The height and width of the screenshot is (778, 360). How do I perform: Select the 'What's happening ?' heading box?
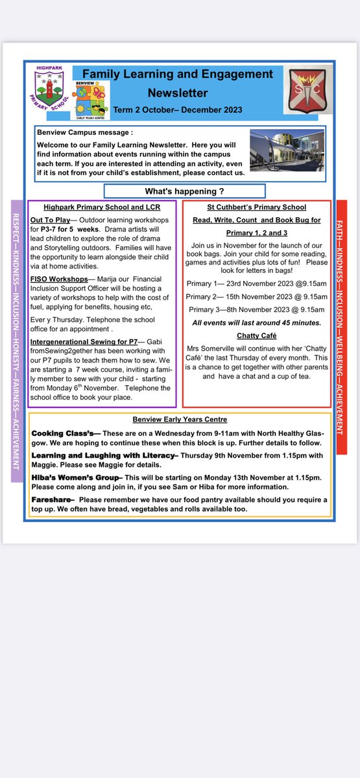184,191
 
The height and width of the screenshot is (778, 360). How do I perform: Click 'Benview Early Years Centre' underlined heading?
179,419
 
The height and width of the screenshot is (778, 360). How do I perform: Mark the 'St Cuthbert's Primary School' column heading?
257,207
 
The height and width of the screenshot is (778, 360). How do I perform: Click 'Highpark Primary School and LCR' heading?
102,207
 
